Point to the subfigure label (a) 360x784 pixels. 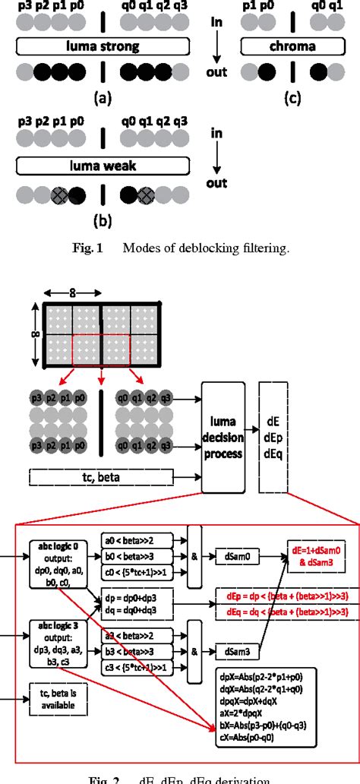tap(103, 98)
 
